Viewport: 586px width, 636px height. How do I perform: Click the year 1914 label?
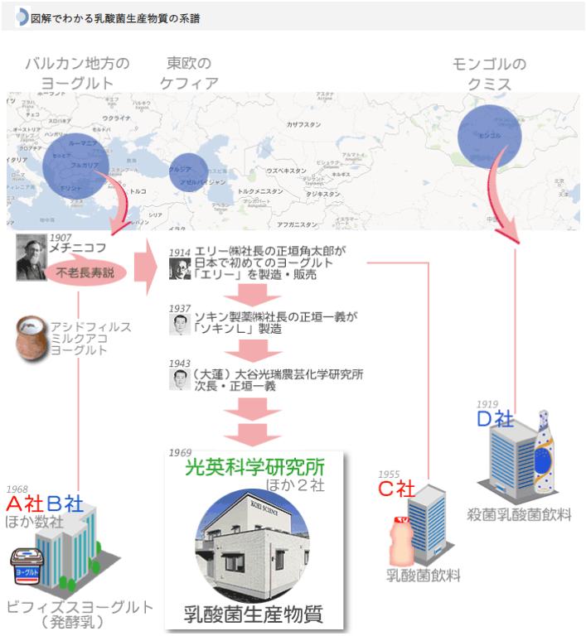180,251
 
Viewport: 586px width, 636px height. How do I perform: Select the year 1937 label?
180,308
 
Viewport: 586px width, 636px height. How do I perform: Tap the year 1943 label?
180,364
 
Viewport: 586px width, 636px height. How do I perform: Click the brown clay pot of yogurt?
32,340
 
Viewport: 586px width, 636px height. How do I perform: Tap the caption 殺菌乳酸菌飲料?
519,515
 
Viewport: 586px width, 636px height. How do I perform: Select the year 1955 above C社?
389,475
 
